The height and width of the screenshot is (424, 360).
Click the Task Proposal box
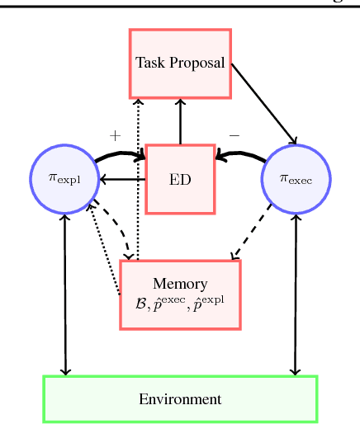[x=180, y=64]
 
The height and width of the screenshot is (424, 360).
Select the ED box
[x=180, y=179]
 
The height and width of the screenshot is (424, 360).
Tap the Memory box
[x=180, y=294]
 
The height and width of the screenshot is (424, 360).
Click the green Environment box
[x=180, y=399]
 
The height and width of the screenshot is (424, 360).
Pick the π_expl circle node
[x=65, y=179]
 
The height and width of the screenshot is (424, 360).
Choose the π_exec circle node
[x=296, y=179]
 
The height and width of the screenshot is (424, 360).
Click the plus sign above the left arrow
[x=115, y=134]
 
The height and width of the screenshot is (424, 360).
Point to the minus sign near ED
[x=234, y=134]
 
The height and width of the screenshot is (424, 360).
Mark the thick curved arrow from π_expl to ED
[x=120, y=154]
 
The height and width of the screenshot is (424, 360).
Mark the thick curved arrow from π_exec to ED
[x=241, y=154]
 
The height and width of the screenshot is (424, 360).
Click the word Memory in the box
[x=180, y=284]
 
